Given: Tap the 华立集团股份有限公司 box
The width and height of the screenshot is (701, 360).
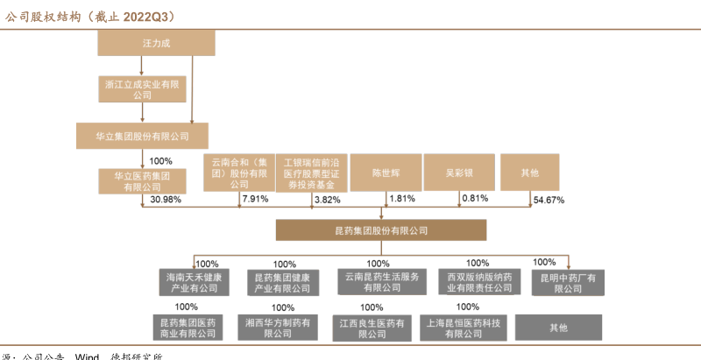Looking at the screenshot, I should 142,136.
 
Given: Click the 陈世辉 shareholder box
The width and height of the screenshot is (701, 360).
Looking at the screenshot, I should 386,173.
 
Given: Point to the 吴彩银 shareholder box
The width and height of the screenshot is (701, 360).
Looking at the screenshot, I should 459,173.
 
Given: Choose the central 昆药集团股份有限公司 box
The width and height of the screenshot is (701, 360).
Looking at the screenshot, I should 381,230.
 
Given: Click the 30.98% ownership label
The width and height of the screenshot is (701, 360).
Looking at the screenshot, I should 166,201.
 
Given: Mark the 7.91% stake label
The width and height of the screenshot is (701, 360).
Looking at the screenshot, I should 254,200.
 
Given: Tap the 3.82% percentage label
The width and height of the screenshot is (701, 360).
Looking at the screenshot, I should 327,200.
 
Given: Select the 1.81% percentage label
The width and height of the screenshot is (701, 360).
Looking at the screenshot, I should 401,199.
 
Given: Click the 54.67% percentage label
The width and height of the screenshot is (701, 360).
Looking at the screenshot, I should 549,201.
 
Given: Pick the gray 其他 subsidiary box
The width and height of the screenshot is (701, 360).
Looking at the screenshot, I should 558,327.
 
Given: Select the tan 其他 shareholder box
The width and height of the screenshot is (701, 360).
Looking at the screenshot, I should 530,173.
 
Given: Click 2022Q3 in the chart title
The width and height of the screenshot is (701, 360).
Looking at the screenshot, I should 147,16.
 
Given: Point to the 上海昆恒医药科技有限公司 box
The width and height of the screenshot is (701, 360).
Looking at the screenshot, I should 465,328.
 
